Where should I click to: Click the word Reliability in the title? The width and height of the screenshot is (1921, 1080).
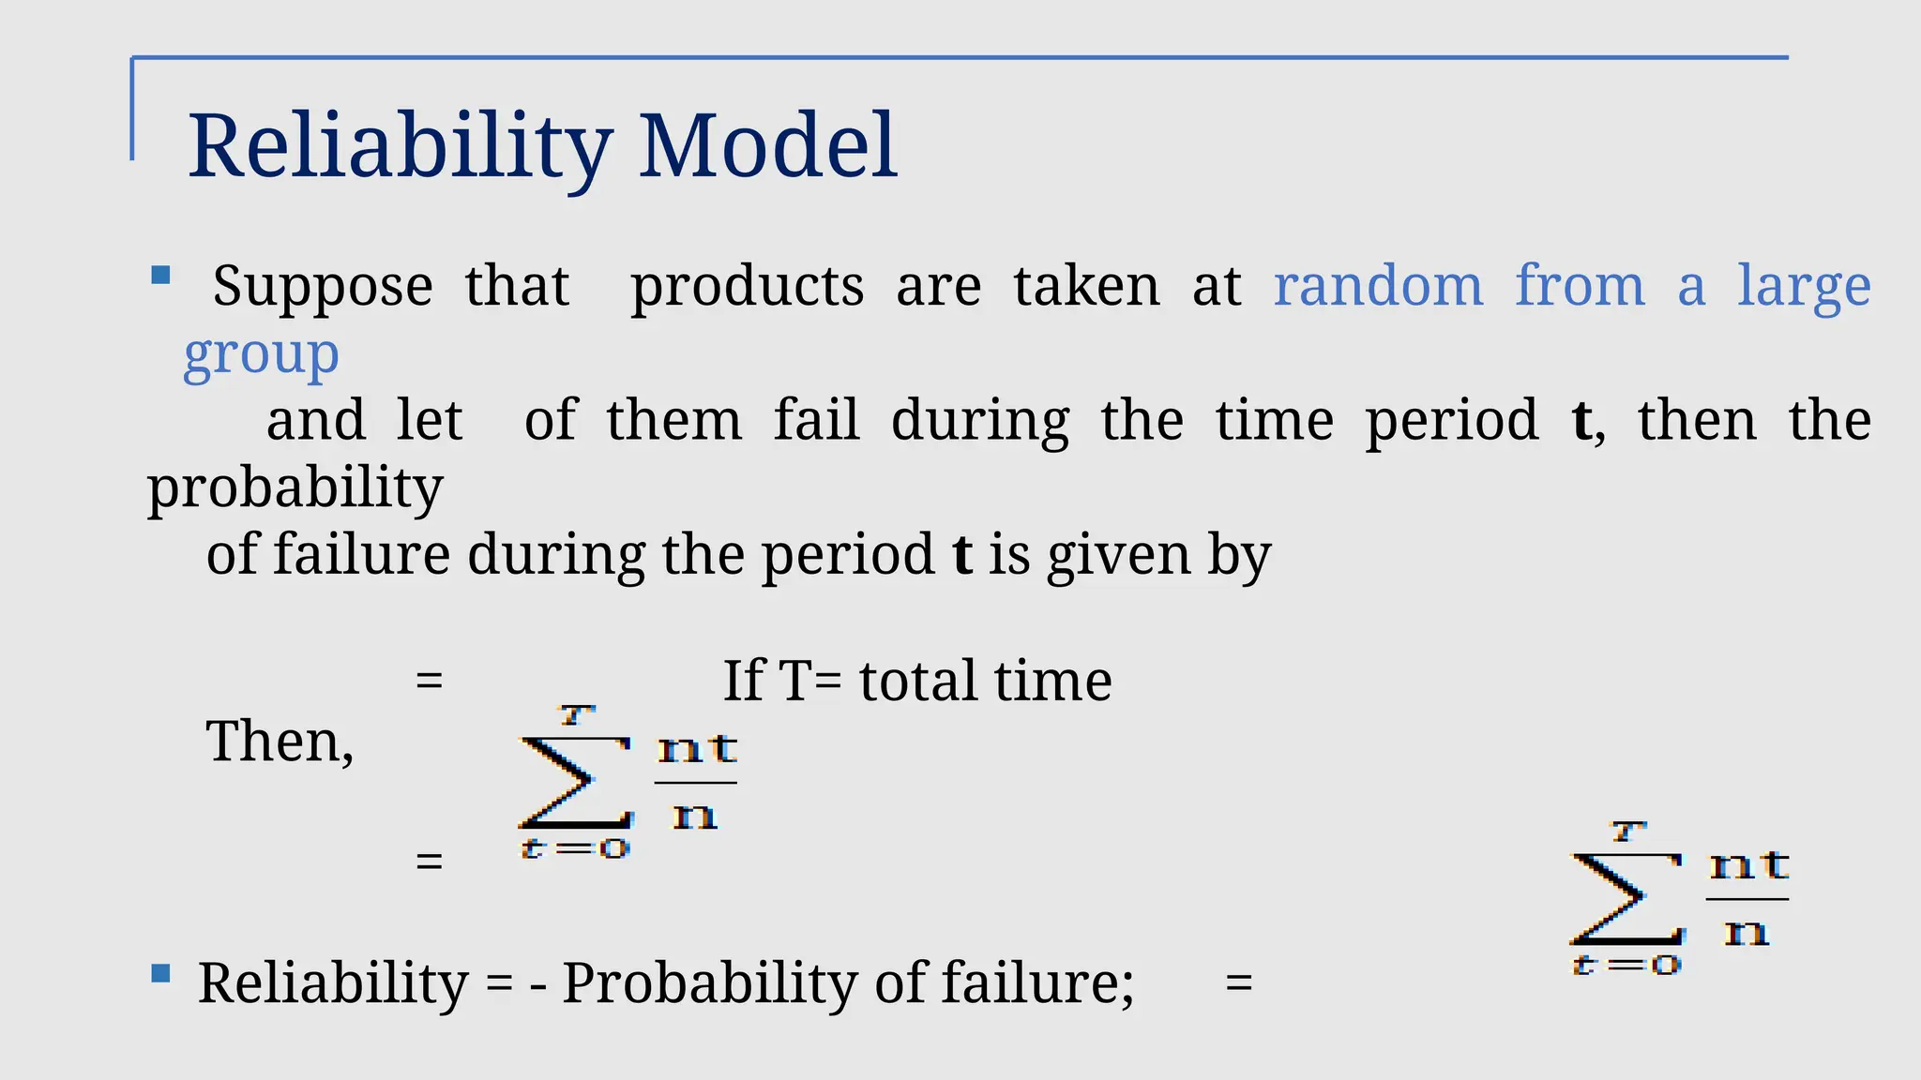click(400, 146)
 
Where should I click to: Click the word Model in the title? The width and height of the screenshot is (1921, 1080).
click(767, 146)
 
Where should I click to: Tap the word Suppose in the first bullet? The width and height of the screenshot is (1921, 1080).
click(323, 286)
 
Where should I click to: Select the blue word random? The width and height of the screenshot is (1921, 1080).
click(1378, 286)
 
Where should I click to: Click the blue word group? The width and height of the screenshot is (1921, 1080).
click(261, 354)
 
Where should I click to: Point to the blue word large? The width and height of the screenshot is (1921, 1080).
click(1804, 286)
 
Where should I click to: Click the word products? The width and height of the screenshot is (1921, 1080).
click(747, 286)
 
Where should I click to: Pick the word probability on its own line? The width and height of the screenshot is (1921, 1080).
click(295, 487)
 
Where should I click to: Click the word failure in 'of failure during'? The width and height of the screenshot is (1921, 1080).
click(361, 555)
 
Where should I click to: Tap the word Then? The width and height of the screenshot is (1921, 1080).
click(280, 742)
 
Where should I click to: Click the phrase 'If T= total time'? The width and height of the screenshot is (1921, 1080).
click(916, 681)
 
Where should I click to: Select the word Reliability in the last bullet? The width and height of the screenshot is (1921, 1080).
click(333, 983)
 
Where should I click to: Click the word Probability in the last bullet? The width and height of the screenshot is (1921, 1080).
click(709, 983)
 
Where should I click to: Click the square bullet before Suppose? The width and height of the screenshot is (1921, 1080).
click(160, 276)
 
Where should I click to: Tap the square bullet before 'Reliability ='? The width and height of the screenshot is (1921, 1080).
click(160, 974)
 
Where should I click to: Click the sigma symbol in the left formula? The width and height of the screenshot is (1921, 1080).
click(572, 782)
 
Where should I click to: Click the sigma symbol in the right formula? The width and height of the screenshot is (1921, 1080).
click(1625, 898)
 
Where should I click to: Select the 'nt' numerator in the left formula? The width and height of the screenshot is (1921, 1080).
click(697, 750)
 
